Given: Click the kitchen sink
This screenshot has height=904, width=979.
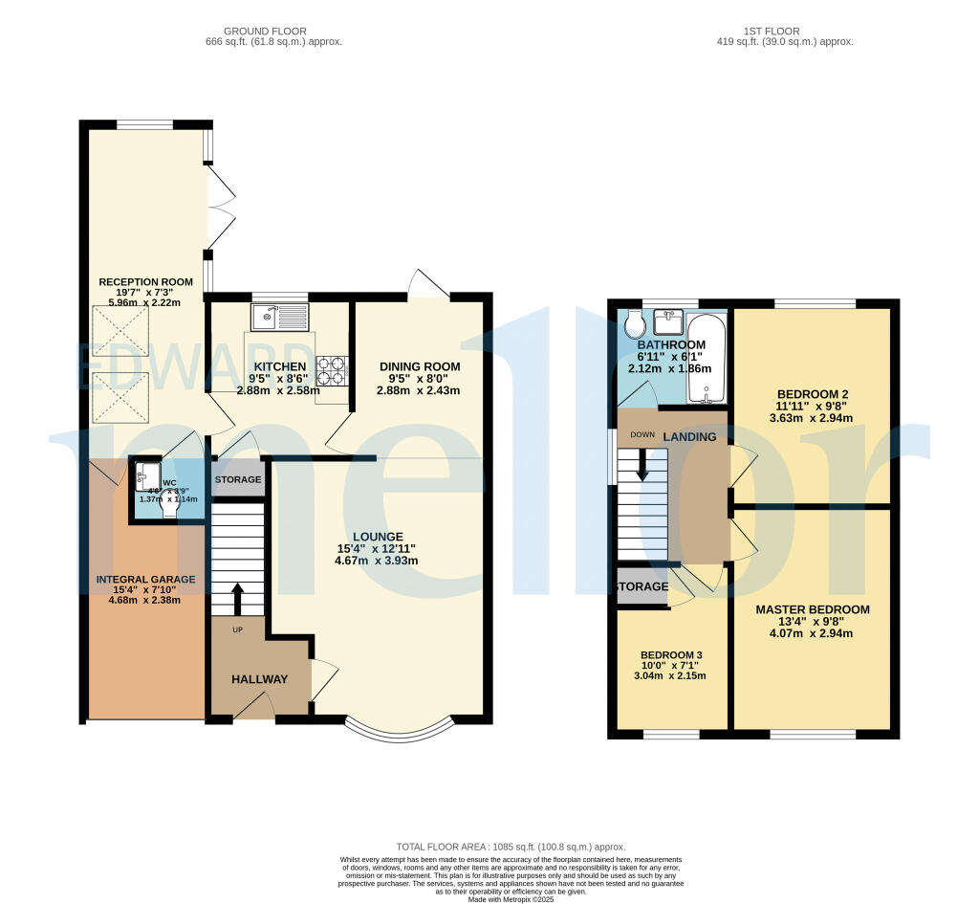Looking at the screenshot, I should [278, 317].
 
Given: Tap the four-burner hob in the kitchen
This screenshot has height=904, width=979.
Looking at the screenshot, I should [332, 371].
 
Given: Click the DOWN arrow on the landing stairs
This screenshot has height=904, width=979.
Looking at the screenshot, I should [642, 467].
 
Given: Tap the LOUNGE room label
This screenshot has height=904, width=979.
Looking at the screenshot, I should [377, 537].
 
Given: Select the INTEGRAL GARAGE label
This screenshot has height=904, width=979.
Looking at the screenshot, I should [145, 580].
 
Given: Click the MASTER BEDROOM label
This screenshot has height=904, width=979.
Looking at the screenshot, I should [812, 609].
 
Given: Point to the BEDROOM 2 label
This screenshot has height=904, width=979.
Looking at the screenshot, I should [813, 393].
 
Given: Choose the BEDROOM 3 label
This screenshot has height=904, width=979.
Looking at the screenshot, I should [670, 656].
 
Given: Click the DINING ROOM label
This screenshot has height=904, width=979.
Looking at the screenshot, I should [420, 366].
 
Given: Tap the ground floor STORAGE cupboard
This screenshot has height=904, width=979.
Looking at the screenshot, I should [238, 479].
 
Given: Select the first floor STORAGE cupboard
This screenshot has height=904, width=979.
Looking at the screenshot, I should [642, 586].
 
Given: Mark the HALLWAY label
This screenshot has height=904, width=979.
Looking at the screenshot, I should [259, 679].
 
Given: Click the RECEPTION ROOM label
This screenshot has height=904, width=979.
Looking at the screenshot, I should [145, 282].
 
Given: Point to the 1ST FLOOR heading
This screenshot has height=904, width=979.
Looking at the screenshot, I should [784, 31].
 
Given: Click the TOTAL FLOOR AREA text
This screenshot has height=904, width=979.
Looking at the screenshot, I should [510, 847].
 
